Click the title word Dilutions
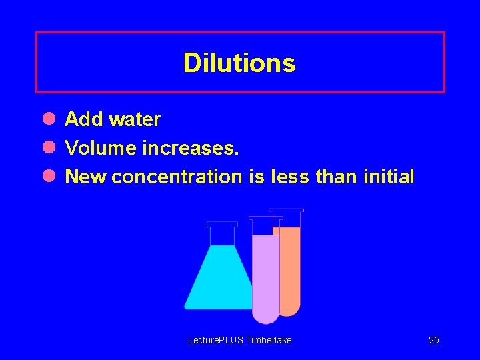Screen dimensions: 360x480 point(239,63)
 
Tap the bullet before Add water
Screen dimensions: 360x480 point(49,119)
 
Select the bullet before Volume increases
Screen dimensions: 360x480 point(49,147)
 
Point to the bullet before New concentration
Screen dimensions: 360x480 point(49,176)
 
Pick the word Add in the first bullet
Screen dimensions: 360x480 point(84,119)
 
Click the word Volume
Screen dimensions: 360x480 point(101,148)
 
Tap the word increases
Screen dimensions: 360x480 point(190,148)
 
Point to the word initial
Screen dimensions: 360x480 point(389,177)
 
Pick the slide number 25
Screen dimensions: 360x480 point(434,340)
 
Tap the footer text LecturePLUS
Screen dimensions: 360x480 point(216,340)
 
